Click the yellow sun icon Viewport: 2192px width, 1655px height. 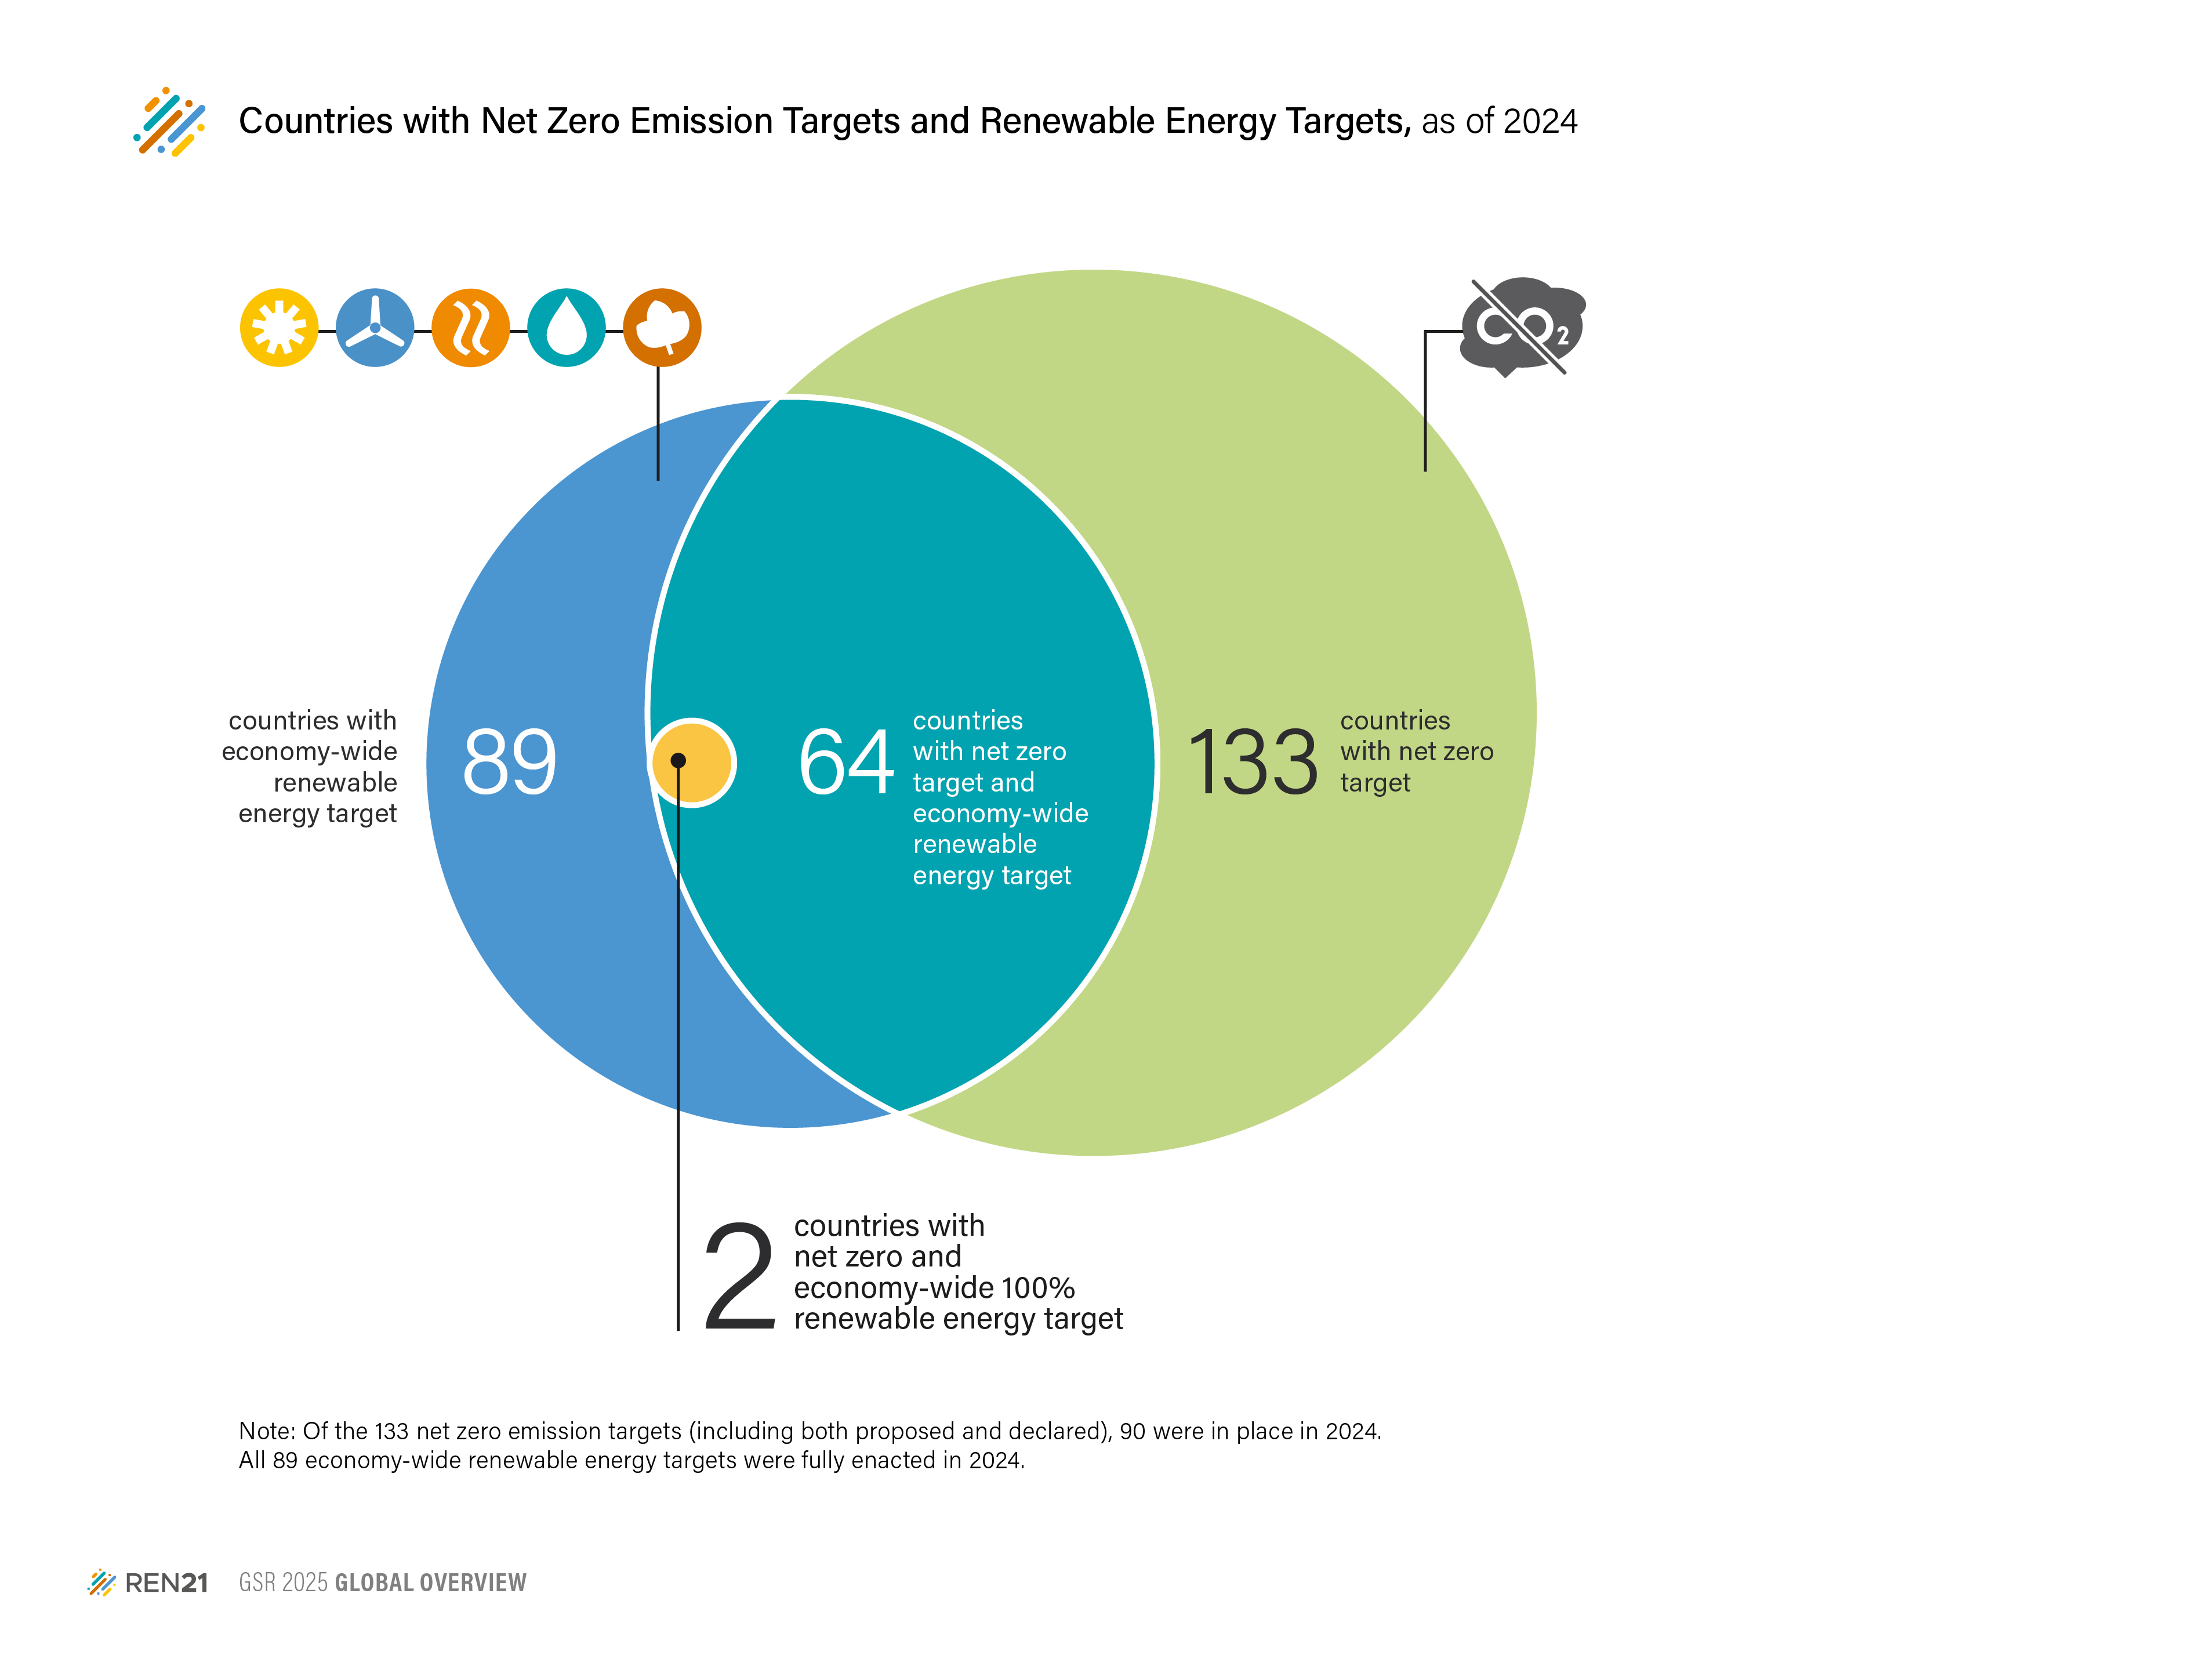[280, 328]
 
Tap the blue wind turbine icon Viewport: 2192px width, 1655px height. [375, 328]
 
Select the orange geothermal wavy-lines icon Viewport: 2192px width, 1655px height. [471, 328]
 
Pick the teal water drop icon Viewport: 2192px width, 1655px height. [566, 328]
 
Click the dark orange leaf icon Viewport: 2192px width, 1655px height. [662, 328]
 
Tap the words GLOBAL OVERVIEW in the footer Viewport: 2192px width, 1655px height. [430, 1583]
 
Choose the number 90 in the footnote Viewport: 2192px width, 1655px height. [1133, 1431]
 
